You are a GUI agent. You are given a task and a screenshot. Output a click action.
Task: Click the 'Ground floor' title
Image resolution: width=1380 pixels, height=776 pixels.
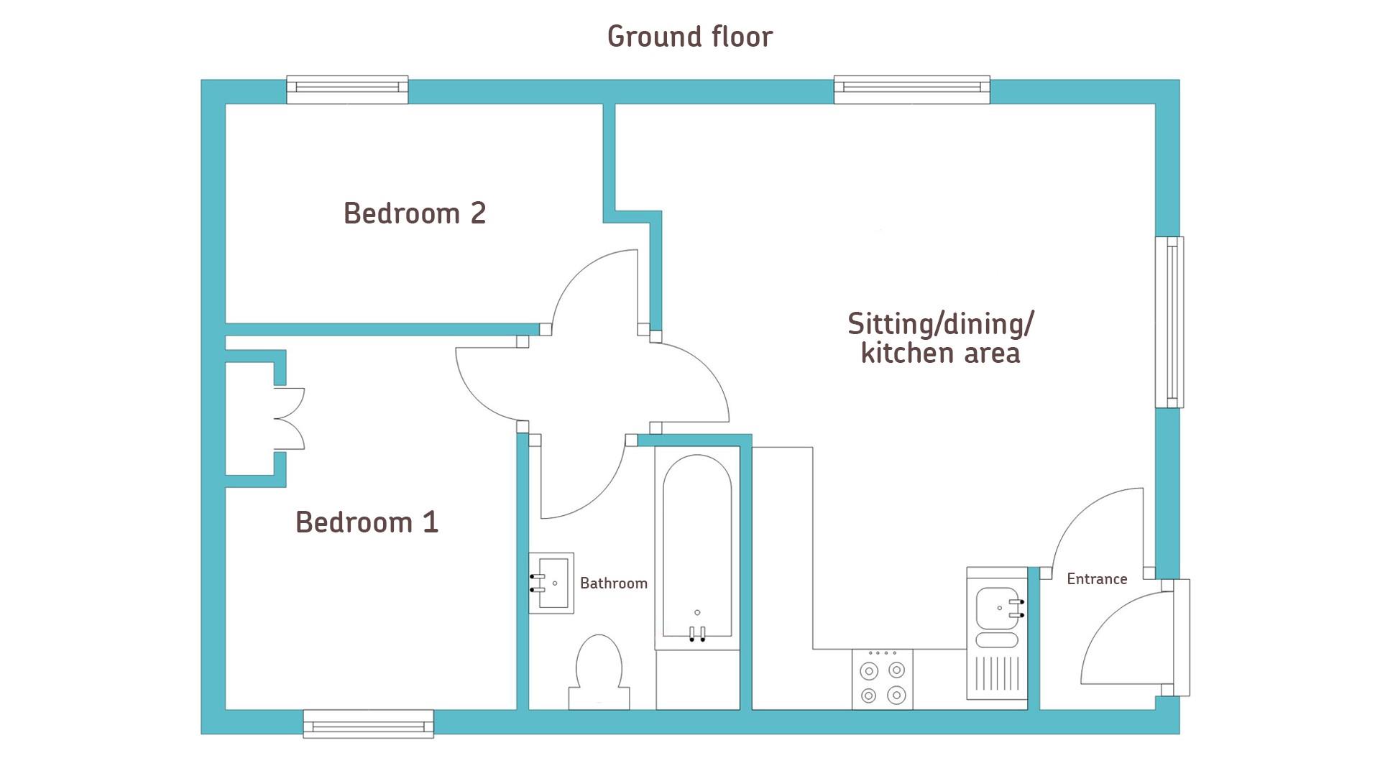689,37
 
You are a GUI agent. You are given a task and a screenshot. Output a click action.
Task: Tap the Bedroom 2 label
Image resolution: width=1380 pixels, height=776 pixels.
415,213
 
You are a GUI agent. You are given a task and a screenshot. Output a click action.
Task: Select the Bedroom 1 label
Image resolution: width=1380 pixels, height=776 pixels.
367,522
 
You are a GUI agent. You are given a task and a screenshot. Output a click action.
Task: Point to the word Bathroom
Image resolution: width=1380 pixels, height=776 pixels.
614,583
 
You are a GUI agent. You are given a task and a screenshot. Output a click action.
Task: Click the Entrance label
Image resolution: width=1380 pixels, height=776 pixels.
1097,578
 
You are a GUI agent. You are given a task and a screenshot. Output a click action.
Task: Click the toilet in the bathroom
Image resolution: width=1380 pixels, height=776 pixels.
599,672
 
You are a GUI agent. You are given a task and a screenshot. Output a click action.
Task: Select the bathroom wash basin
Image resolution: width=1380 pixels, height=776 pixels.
551,583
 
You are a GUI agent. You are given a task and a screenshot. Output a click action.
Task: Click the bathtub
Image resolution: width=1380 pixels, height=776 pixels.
697,548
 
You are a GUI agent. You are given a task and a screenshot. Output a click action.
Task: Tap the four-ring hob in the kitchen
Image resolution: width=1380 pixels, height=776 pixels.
883,680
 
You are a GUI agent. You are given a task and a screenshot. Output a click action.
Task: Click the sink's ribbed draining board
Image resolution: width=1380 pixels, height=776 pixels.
997,674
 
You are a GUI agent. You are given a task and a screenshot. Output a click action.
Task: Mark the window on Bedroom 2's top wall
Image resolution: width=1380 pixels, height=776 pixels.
347,90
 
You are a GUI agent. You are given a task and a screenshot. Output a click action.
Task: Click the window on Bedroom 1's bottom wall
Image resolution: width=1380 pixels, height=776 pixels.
368,724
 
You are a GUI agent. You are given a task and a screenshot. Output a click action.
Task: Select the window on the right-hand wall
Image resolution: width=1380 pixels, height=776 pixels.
1169,323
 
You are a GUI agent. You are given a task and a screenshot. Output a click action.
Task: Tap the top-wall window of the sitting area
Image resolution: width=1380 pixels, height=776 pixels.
911,90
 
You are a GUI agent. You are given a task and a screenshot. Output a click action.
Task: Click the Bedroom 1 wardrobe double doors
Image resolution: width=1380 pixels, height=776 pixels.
290,419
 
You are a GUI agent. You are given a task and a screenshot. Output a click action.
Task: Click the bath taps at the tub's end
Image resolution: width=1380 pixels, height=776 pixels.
697,634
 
